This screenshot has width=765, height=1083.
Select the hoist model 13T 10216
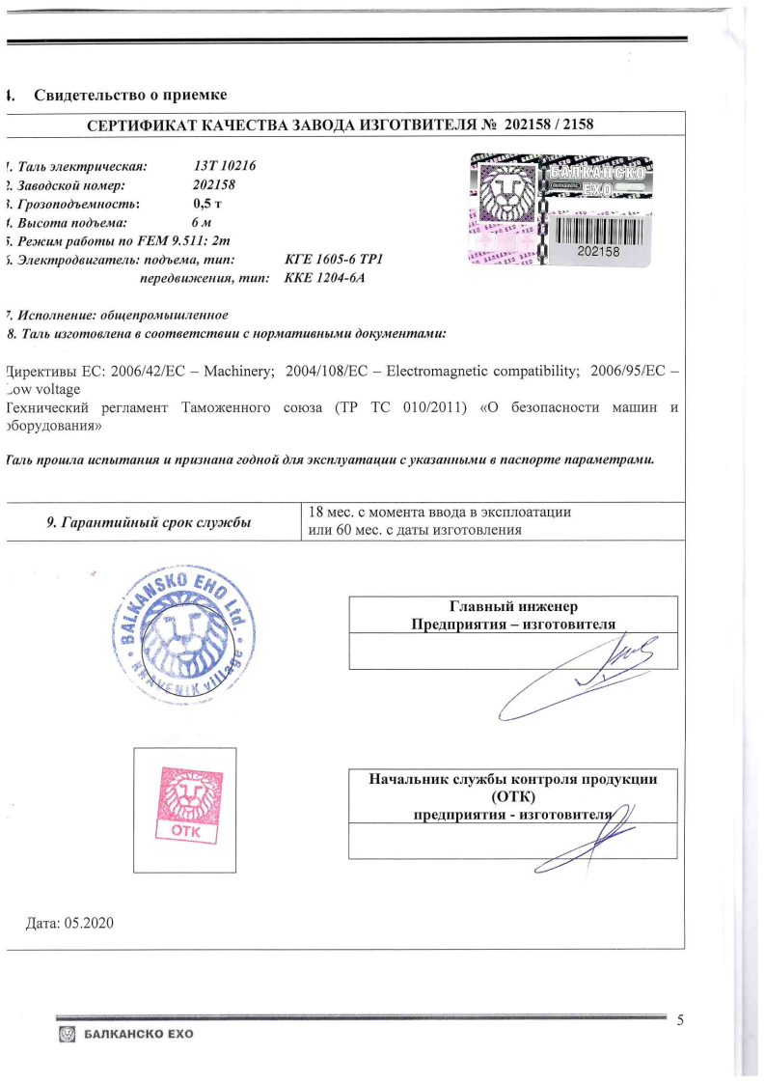(225, 165)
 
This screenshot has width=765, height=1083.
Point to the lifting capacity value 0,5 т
(208, 203)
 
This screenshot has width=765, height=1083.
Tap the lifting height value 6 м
(202, 222)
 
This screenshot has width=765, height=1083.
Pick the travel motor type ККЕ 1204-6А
(325, 278)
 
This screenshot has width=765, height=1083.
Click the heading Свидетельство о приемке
(130, 95)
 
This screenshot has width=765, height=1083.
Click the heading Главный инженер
(513, 607)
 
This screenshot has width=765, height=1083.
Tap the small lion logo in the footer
(68, 1035)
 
